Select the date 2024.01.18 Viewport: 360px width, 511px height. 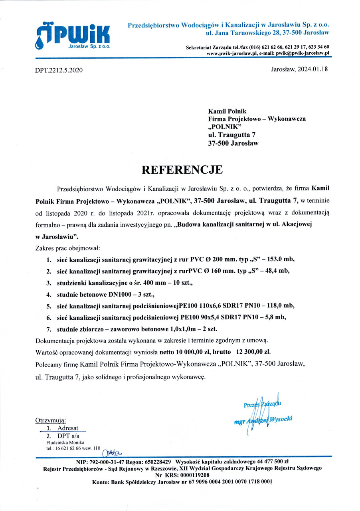coord(311,69)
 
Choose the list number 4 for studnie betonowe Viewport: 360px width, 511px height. coord(48,295)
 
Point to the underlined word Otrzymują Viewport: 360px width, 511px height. coord(51,420)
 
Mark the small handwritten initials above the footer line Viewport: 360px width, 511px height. coord(113,452)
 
